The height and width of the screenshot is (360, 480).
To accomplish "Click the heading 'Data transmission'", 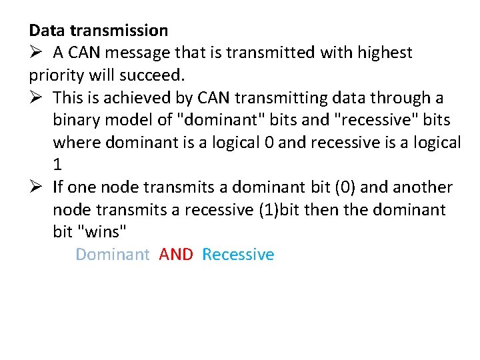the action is point(99,30).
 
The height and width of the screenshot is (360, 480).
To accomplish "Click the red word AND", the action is point(176,255).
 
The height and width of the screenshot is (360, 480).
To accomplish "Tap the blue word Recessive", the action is point(238,255).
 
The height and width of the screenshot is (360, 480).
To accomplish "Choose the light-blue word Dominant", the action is point(113,255).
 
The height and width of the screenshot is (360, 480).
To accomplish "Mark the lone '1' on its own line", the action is point(57,165).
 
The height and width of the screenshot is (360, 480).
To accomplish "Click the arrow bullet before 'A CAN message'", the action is point(36,53).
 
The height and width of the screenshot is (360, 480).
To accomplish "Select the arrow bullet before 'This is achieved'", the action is point(36,98).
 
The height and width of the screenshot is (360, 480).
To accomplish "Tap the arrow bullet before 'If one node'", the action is point(36,188).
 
